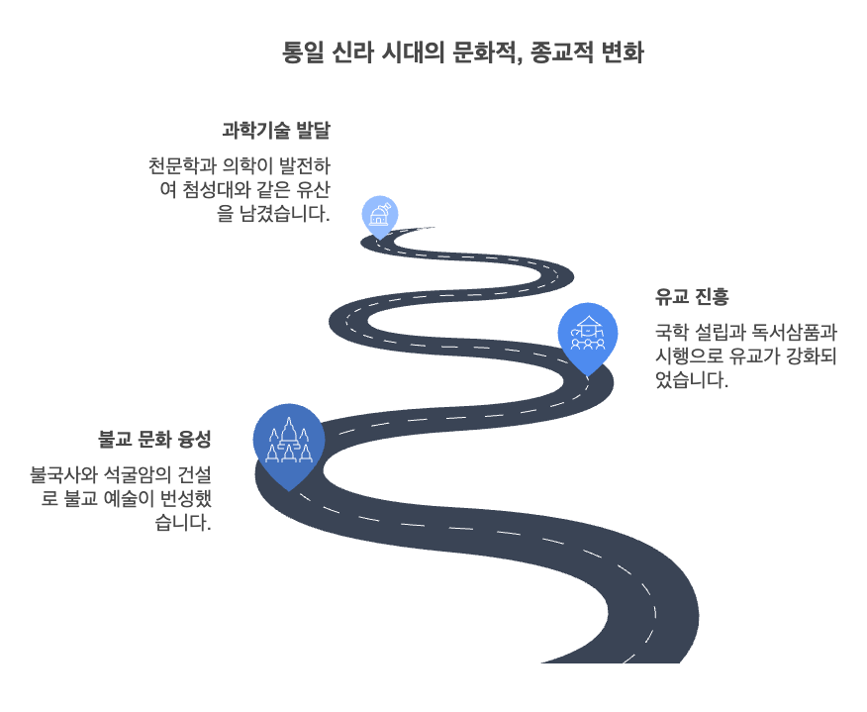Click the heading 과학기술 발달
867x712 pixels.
tap(275, 130)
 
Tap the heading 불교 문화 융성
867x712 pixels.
tap(155, 438)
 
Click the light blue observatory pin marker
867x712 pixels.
tap(379, 215)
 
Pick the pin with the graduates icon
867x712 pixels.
tap(588, 335)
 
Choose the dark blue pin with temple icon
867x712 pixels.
tap(288, 443)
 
